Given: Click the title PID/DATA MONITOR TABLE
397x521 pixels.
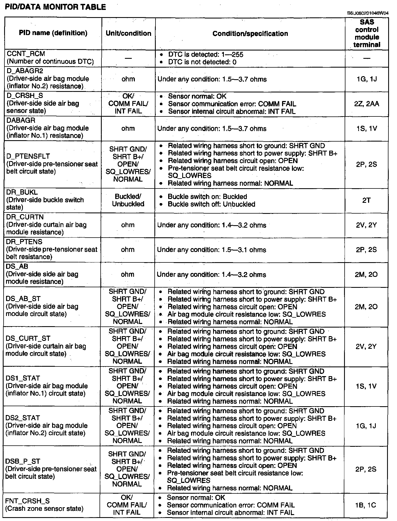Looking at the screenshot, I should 55,7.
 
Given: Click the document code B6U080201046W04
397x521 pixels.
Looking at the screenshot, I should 368,13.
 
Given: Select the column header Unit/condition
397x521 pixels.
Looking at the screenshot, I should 128,33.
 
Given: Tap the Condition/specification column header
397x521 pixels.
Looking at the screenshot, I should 250,34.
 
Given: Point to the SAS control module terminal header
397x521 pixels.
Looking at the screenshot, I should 367,33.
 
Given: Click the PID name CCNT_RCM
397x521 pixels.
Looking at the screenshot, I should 25,54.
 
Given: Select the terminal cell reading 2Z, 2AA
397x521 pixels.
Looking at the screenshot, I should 366,104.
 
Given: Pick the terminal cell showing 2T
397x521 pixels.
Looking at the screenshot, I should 366,200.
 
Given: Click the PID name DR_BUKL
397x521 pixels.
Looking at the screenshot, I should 22,192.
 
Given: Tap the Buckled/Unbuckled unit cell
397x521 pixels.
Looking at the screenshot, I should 128,200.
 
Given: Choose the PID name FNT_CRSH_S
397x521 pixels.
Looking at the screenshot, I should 28,501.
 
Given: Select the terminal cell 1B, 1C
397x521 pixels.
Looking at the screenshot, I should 366,505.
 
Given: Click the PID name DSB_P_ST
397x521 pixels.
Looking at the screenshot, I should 23,461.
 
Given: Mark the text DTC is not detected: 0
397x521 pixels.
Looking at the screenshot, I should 202,62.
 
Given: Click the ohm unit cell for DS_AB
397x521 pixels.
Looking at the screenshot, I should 128,275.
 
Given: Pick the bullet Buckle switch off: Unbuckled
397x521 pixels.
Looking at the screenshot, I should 211,204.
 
